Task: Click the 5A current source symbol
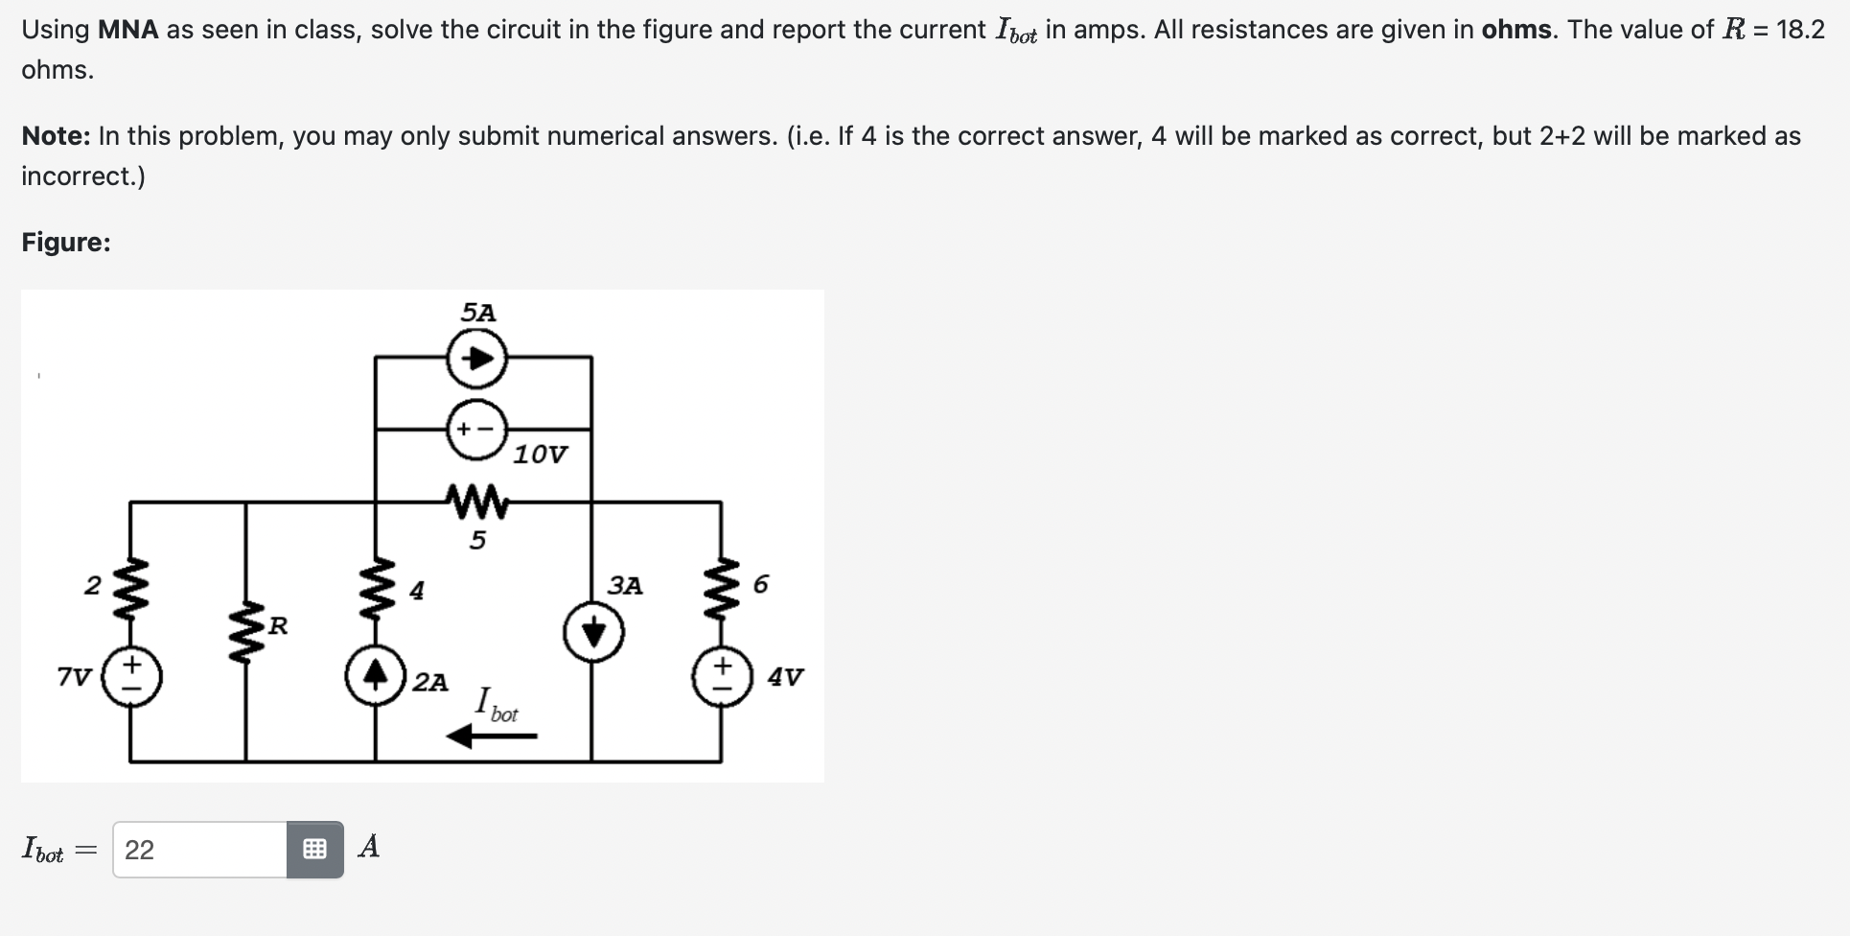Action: [x=476, y=359]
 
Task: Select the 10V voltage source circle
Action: [x=476, y=430]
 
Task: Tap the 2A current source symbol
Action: [x=376, y=677]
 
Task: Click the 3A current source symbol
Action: [x=594, y=634]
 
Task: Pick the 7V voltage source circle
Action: [x=131, y=677]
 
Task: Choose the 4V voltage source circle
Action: [x=722, y=677]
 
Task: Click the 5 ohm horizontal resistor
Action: [x=476, y=501]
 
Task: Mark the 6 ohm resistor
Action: [x=722, y=586]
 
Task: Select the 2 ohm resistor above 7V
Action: [x=131, y=586]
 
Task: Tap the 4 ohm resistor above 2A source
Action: [x=376, y=588]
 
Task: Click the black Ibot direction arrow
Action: [x=493, y=737]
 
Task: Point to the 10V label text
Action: [x=540, y=455]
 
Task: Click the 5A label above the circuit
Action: [x=478, y=313]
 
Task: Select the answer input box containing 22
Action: [x=199, y=850]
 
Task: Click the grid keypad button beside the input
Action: [x=314, y=850]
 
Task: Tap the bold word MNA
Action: [x=128, y=30]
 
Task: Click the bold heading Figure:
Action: [x=66, y=243]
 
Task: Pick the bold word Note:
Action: [x=56, y=136]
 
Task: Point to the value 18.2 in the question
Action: [x=1800, y=30]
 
